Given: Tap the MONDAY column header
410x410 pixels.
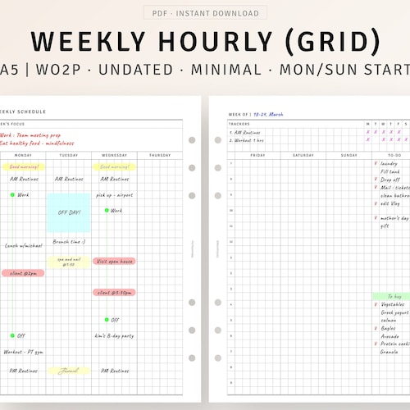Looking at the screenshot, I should click(x=23, y=155).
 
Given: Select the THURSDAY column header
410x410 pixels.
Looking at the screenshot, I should click(x=160, y=155).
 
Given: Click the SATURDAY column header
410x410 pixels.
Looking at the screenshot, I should click(x=303, y=155).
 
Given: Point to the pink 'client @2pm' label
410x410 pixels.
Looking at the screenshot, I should click(x=23, y=273).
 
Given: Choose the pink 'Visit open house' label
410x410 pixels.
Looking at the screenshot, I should click(x=114, y=261).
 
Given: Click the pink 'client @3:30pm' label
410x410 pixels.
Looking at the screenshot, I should click(x=114, y=292).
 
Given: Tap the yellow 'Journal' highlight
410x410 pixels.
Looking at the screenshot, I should click(x=69, y=371).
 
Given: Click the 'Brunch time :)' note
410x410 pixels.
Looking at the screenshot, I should click(x=69, y=242).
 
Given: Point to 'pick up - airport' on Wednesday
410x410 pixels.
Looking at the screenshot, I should click(x=115, y=195).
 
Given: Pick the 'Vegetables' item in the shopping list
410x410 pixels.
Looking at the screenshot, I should click(x=392, y=304).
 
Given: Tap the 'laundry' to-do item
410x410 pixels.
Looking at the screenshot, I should click(x=389, y=163).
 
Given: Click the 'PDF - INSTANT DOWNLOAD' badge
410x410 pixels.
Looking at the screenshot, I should click(x=205, y=13).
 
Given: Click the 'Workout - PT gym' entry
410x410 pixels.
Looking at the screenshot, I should click(x=24, y=351).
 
